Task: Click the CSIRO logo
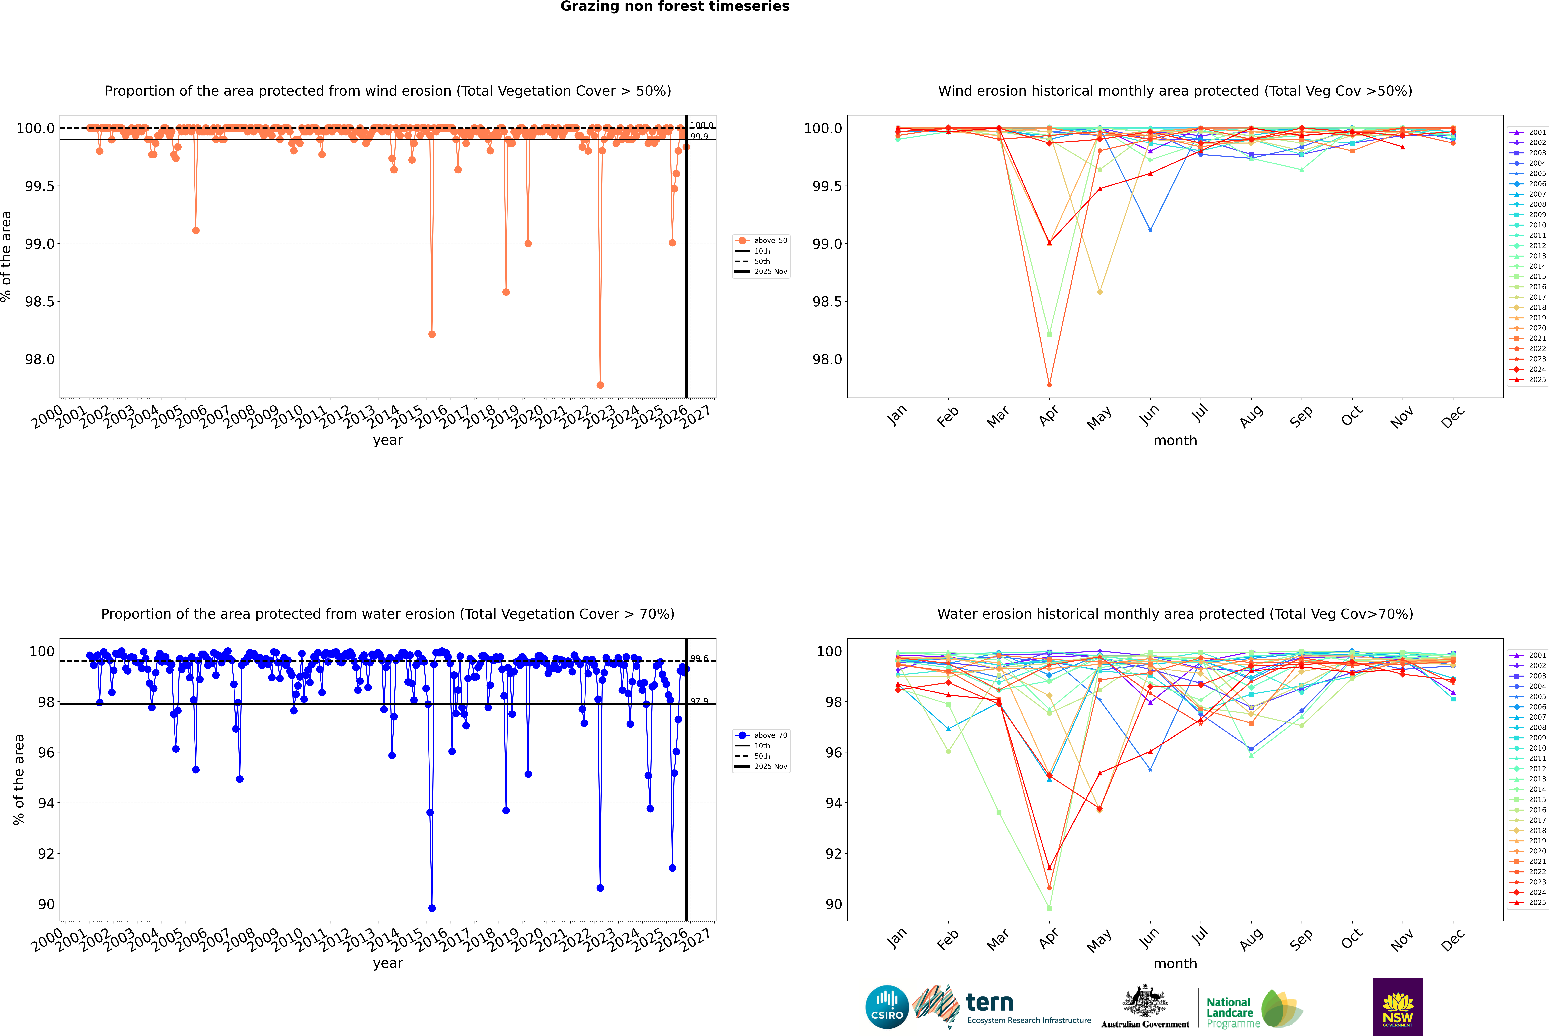(x=887, y=1007)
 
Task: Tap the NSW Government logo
(x=1398, y=1007)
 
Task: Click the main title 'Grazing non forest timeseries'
(x=675, y=7)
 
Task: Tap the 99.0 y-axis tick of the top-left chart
(x=40, y=244)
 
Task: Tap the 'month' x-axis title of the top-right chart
(x=1175, y=441)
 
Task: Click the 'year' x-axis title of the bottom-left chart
(x=388, y=963)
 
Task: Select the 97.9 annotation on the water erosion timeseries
(x=699, y=701)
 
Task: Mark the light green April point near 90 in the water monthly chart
(x=1049, y=908)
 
